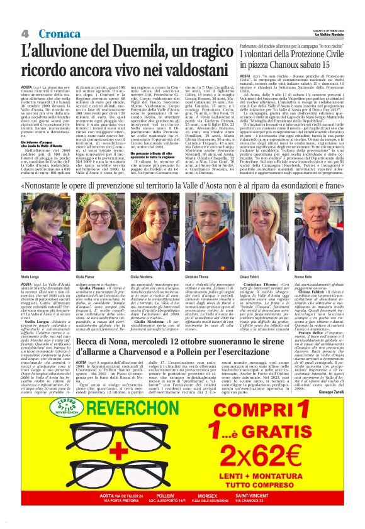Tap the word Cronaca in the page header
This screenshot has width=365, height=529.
[58, 33]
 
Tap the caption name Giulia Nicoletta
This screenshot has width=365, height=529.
[143, 276]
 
